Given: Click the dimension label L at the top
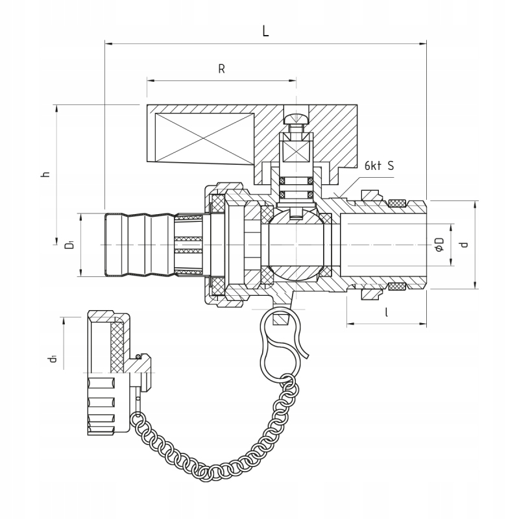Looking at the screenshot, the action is tap(265, 31).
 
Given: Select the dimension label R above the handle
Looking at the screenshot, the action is tap(221, 69).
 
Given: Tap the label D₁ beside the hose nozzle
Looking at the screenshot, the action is tap(69, 245).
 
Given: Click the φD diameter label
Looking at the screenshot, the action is tap(439, 245).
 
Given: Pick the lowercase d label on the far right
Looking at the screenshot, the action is tap(465, 245).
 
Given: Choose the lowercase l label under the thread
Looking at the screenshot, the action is tap(386, 312).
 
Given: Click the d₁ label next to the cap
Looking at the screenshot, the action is tap(53, 359).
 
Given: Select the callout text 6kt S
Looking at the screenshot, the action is tap(380, 165).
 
